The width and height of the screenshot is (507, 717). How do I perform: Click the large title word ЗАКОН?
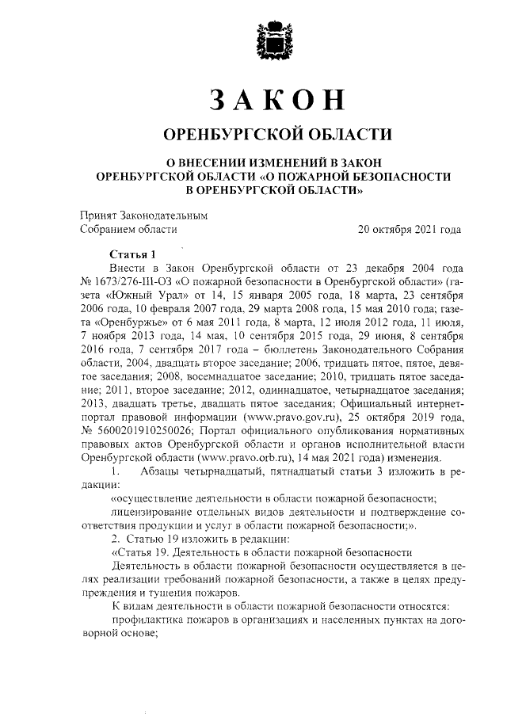tap(277, 100)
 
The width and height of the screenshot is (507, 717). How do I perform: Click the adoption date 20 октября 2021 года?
tap(410, 231)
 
